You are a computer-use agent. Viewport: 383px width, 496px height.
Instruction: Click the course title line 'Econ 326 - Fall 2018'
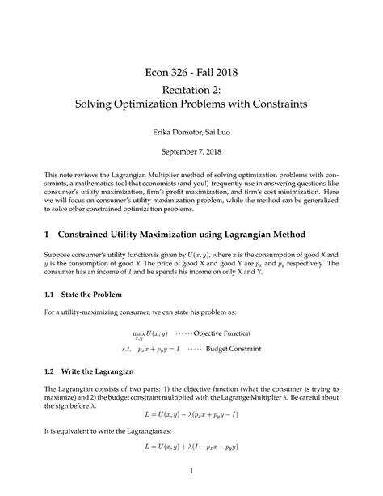click(191, 73)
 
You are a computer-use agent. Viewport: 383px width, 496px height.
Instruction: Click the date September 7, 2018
click(191, 151)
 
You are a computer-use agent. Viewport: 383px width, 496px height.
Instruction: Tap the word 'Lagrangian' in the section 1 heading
click(252, 235)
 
